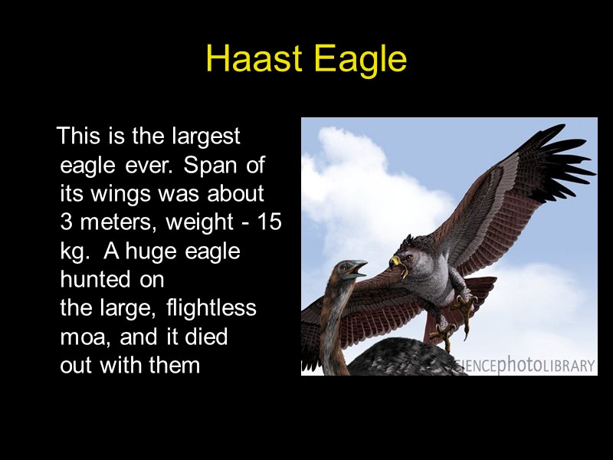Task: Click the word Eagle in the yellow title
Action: (359, 60)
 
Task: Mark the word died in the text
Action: (208, 337)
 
